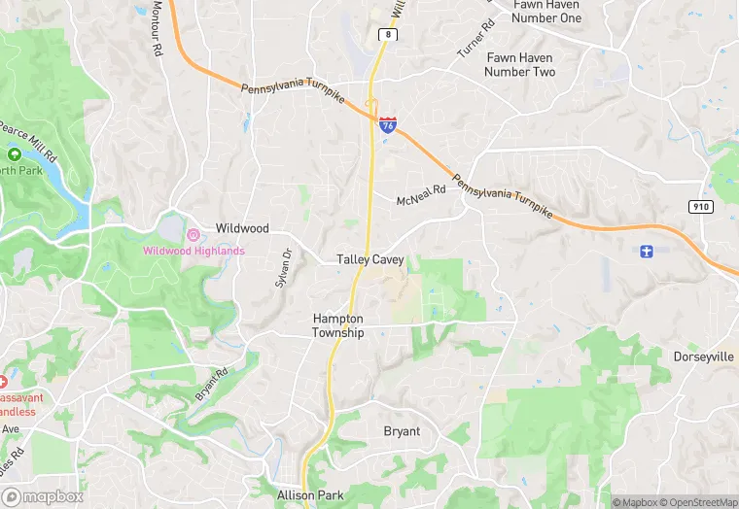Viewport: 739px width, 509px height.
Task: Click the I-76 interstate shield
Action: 388,123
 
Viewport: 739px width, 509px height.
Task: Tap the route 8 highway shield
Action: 387,34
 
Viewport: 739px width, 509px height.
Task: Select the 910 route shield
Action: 700,207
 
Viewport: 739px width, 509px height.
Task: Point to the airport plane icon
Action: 647,253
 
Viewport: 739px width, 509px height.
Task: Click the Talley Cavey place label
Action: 369,260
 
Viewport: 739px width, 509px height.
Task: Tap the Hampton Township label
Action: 338,325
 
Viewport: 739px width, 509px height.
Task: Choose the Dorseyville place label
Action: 703,357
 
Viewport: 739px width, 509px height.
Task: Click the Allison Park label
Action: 310,495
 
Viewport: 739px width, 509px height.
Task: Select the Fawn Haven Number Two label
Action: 520,65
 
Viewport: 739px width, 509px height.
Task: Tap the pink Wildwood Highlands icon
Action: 194,234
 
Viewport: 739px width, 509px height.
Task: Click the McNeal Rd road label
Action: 420,196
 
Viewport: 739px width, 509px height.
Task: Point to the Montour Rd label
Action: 157,31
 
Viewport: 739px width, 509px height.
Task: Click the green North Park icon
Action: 15,154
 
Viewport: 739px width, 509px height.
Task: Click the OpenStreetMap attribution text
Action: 698,502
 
